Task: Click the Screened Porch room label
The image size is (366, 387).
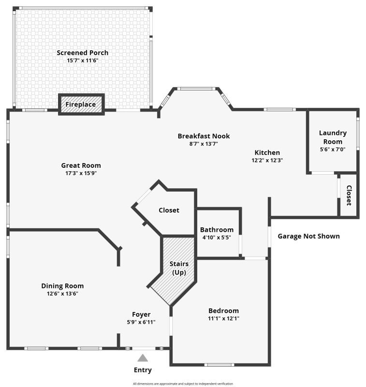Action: [x=82, y=53]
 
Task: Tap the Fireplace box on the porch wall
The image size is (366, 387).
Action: [x=81, y=104]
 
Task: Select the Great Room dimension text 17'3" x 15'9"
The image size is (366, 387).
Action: [x=81, y=173]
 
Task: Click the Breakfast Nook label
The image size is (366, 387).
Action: [x=204, y=136]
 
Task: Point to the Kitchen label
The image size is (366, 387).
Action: [x=267, y=152]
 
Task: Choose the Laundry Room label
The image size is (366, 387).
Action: [x=333, y=137]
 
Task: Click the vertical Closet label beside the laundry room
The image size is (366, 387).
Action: [x=349, y=195]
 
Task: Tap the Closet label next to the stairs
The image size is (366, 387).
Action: [x=169, y=210]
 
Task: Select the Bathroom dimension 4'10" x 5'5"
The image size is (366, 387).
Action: [x=217, y=238]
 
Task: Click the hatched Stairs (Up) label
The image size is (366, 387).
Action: [x=178, y=268]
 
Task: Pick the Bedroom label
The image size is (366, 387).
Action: [x=223, y=311]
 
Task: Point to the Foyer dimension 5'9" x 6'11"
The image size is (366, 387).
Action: [x=141, y=322]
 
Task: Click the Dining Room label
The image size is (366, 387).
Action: [x=62, y=286]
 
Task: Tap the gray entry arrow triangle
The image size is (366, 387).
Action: [x=143, y=358]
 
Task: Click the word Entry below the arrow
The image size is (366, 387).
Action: [x=143, y=370]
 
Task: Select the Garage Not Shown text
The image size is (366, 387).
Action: [x=308, y=237]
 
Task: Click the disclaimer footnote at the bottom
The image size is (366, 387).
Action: [x=183, y=384]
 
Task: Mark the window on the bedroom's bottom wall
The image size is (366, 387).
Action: [x=219, y=365]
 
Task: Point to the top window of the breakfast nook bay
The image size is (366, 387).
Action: [x=195, y=89]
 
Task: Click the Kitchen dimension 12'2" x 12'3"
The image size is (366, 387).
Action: [x=267, y=160]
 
